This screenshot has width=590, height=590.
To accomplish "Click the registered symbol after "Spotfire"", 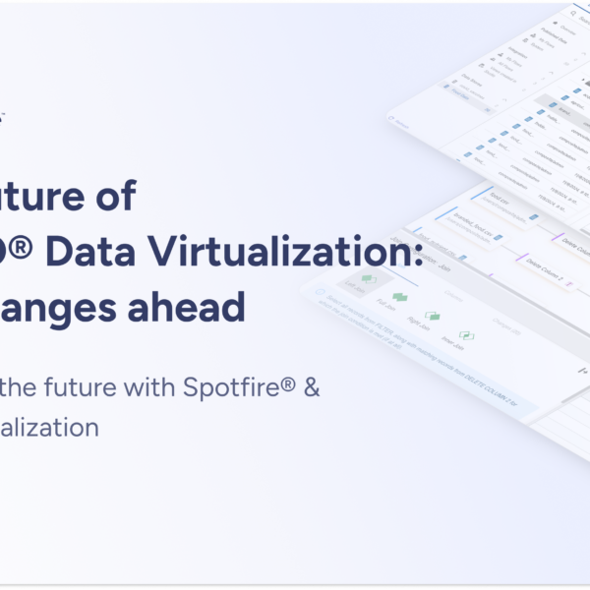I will (292, 383).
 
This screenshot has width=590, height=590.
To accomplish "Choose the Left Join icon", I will (368, 280).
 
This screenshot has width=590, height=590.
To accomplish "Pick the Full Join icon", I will (399, 297).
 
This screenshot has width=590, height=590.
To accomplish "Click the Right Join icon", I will (432, 317).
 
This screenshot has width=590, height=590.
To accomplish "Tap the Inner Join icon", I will (466, 336).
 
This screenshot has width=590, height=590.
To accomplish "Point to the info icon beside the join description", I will (318, 291).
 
